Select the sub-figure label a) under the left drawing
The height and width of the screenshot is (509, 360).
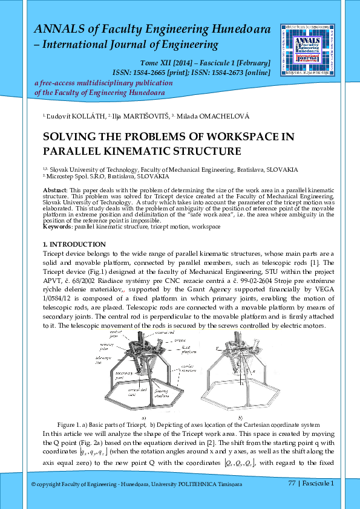point(143,417)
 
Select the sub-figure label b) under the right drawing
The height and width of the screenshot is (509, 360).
point(241,417)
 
